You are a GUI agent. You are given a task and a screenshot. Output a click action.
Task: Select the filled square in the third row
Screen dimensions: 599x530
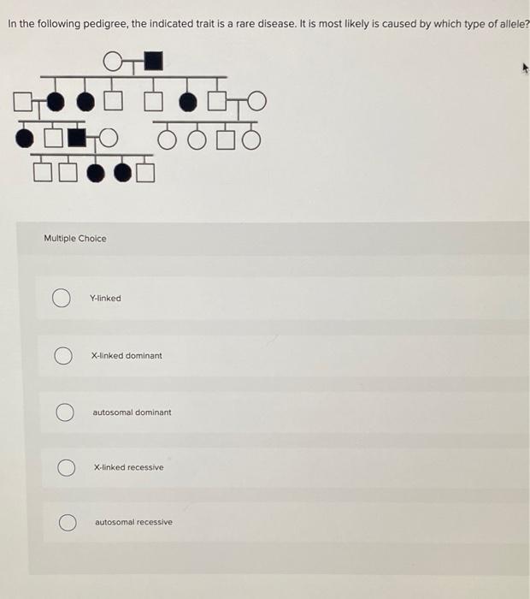77,137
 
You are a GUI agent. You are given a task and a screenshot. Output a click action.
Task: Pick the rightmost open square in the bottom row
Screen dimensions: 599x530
146,172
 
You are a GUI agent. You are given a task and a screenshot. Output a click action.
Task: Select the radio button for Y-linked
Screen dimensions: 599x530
61,298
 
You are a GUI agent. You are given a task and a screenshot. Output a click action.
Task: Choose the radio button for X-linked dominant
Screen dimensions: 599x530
62,355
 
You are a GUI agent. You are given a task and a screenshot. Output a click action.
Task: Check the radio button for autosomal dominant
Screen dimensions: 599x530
63,412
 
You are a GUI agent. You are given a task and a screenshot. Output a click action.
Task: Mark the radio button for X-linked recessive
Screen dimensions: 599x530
64,468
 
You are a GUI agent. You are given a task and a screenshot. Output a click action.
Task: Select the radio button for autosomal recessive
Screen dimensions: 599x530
65,522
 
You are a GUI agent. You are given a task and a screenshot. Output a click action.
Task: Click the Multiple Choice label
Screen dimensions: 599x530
75,238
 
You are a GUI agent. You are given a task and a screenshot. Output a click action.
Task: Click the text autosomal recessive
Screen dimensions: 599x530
133,522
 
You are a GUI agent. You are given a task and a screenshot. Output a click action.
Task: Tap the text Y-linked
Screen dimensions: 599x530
106,298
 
